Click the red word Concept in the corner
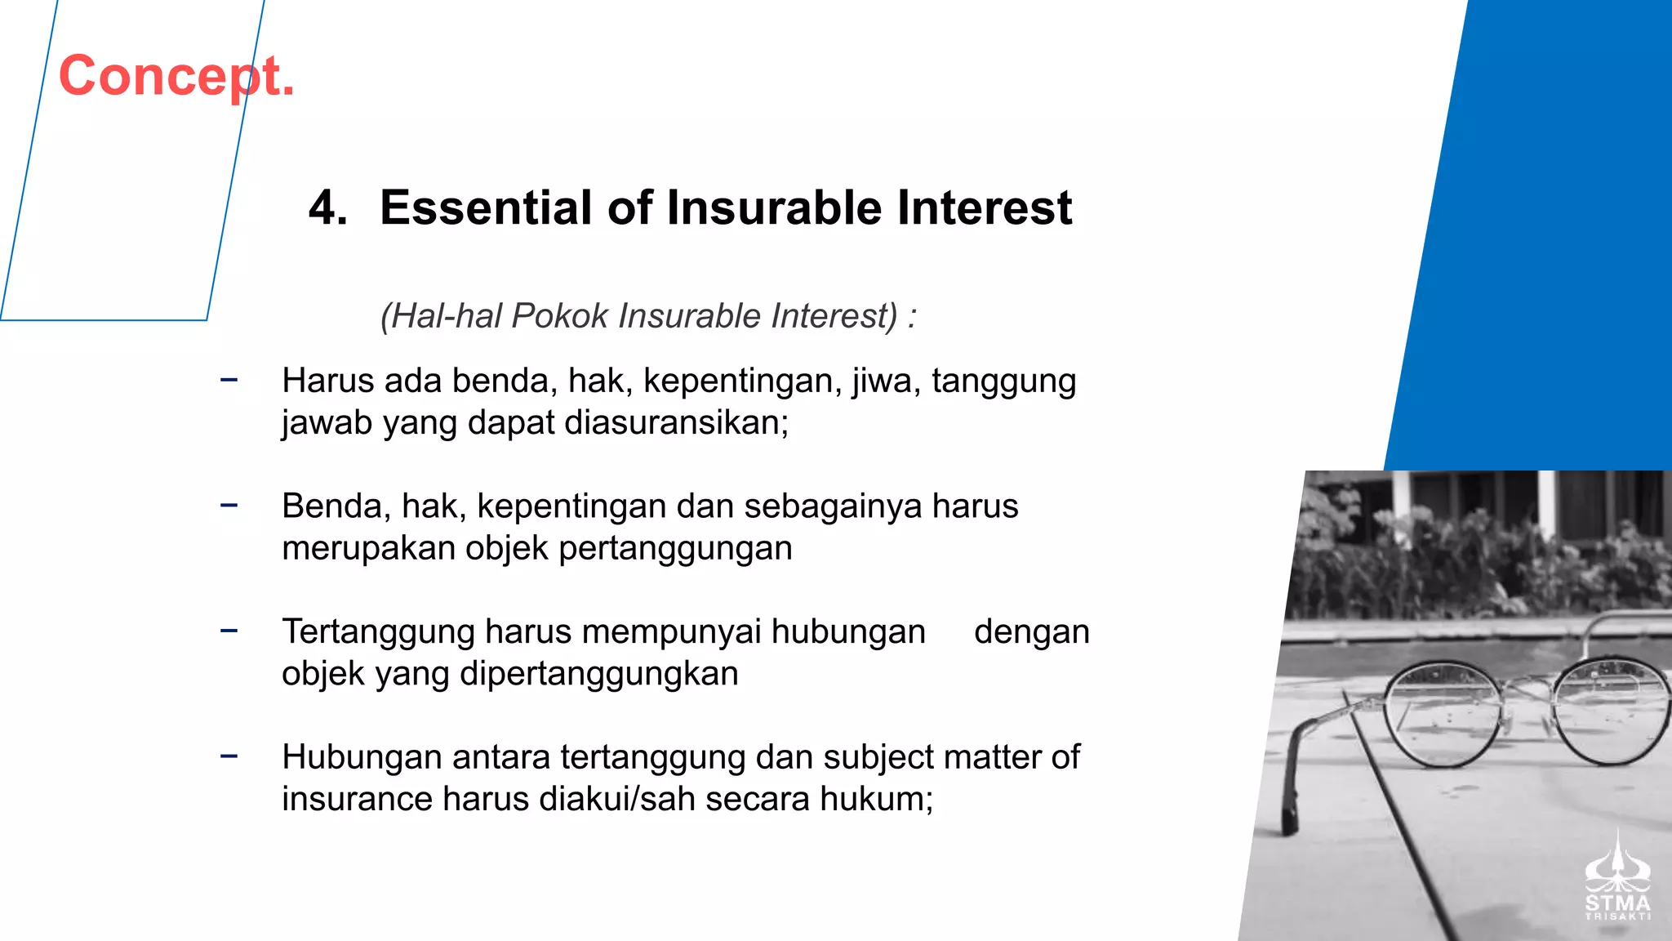point(176,76)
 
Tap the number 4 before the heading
point(327,207)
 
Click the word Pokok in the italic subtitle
point(559,316)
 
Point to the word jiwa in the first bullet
point(886,381)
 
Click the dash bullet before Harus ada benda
point(229,379)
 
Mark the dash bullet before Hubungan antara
point(229,756)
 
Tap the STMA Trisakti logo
point(1617,879)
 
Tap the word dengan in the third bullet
point(1031,632)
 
